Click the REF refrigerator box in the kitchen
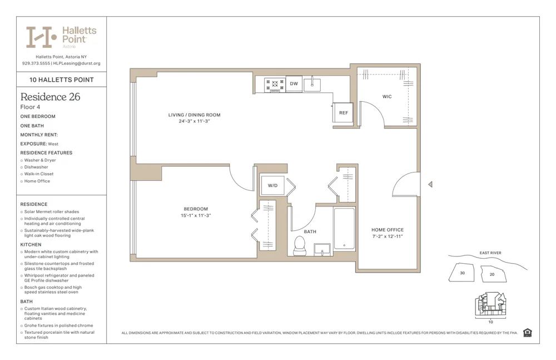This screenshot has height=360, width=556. click(344, 113)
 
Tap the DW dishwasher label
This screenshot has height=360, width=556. click(294, 84)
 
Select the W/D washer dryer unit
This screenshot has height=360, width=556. click(272, 185)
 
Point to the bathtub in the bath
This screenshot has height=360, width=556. click(344, 228)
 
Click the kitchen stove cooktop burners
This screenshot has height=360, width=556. click(275, 85)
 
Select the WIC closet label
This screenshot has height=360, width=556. click(387, 97)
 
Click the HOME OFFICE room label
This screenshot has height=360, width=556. click(388, 230)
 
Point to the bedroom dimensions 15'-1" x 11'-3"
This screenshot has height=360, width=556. click(196, 215)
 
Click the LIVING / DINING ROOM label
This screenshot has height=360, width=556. click(195, 115)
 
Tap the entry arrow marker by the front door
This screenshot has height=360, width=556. click(430, 185)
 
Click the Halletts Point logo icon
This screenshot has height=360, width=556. click(42, 37)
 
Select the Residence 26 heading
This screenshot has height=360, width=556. click(50, 97)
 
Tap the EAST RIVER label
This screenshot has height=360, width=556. click(490, 253)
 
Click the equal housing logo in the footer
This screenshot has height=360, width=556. click(527, 333)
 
